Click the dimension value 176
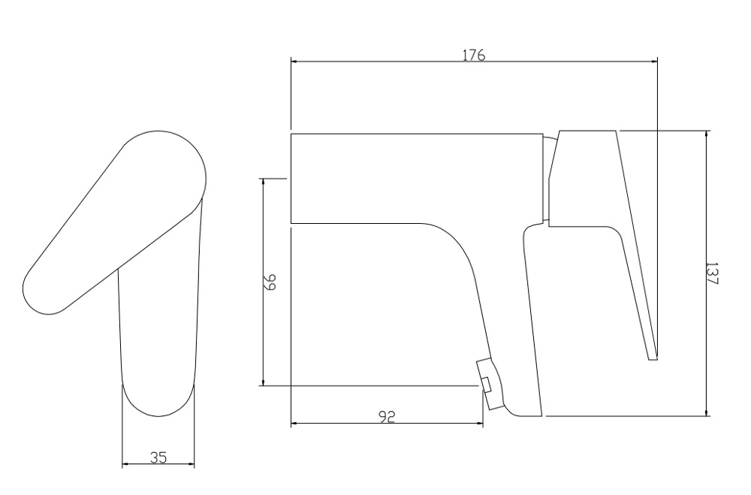[474, 55]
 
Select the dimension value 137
[712, 273]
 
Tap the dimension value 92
[387, 417]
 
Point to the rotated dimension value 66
[270, 282]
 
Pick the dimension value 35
[158, 457]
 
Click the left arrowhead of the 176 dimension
[295, 62]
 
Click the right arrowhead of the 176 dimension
[653, 62]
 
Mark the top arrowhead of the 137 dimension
[707, 134]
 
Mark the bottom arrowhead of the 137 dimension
[707, 412]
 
